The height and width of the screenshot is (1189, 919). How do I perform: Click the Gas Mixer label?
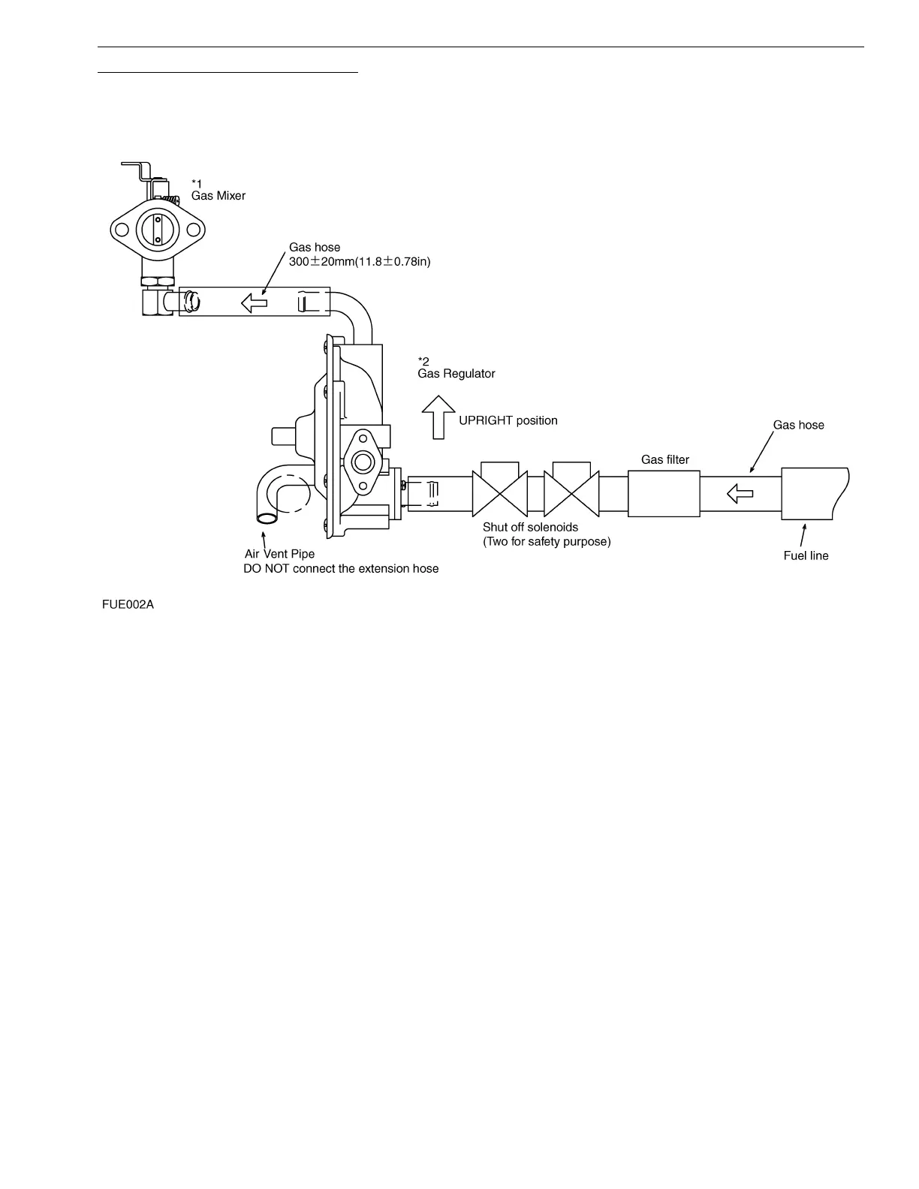[x=218, y=196]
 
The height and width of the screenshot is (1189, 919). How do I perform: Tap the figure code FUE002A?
[x=128, y=604]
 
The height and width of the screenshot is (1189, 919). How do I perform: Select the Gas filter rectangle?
[x=664, y=494]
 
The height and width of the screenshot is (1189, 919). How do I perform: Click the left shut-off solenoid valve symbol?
[x=500, y=492]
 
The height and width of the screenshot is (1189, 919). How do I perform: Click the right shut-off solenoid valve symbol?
[x=571, y=492]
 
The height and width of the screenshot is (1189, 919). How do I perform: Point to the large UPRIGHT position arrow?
[x=438, y=417]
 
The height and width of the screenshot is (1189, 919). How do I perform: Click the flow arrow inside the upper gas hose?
[x=254, y=303]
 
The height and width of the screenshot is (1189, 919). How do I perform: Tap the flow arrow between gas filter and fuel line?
[x=740, y=494]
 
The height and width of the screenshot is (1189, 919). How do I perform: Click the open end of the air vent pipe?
[x=267, y=516]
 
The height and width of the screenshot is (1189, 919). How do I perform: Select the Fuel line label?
[x=806, y=556]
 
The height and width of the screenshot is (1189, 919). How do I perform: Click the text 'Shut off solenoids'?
[x=530, y=528]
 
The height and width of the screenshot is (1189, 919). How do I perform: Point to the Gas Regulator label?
[x=456, y=374]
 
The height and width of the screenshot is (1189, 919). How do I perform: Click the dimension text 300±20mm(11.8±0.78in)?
[x=360, y=262]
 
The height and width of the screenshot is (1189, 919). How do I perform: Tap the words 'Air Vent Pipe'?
[x=279, y=555]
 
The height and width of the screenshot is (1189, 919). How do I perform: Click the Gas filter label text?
[x=664, y=460]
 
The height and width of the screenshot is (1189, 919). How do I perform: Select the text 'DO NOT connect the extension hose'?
[x=341, y=569]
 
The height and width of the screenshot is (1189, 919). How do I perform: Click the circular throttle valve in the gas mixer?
[x=157, y=229]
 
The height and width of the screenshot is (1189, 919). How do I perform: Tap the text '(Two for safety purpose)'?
[x=547, y=542]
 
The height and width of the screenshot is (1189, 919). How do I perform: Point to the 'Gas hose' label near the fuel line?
[x=798, y=426]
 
